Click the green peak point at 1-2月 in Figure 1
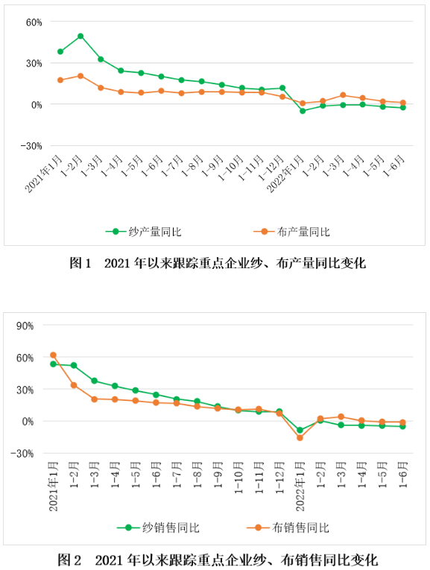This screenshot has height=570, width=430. pos(80,37)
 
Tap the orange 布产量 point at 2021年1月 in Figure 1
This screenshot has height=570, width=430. pos(60,80)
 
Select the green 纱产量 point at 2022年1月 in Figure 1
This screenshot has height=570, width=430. pos(303,111)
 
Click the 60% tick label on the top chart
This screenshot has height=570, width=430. pos(34,22)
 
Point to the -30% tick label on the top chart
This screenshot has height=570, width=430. pos(31,146)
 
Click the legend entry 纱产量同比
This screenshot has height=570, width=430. pos(143,232)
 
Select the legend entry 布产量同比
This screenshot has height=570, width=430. pos(291,232)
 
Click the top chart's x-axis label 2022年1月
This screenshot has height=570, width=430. pos(285,174)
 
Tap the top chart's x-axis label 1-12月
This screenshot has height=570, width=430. pos(271,168)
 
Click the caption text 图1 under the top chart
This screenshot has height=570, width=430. pos(80,263)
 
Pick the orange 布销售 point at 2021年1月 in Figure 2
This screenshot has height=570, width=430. pos(53,355)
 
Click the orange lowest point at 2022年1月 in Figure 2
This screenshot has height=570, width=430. pos(300,438)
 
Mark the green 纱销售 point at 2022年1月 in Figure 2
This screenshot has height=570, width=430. pos(300,430)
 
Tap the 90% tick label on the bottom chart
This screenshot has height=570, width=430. pos(25,326)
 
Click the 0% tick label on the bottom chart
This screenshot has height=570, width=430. pos(28,422)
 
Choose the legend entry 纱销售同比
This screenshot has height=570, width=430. pos(158,528)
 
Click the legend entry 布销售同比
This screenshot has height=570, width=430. pos(288,528)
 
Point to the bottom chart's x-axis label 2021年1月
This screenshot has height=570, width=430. pos(54,487)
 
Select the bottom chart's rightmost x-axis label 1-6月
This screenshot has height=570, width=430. pos(403,475)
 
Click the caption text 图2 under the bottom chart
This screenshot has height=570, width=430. pos(69,560)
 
